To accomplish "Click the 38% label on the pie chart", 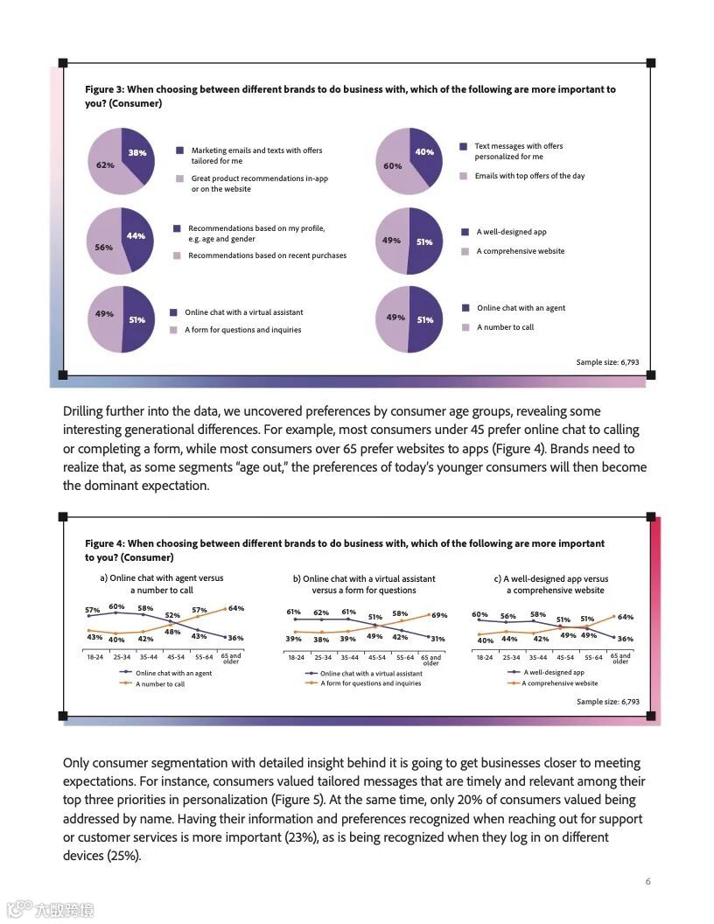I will tap(137, 153).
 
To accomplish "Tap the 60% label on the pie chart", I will tap(393, 165).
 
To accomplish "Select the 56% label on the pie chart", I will tap(103, 248).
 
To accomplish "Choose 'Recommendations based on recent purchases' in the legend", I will tap(267, 255).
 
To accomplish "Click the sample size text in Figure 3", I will tap(607, 362).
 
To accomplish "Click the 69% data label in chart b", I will tap(439, 615).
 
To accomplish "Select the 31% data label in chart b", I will tap(437, 639).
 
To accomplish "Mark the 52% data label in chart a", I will tap(172, 615).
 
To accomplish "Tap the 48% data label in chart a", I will tap(172, 632).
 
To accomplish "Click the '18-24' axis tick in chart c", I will tap(485, 657).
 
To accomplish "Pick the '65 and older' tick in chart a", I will tap(231, 658).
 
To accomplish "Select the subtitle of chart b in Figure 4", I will tap(365, 584).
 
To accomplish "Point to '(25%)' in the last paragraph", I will tap(122, 856).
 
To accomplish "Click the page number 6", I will tap(647, 881).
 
